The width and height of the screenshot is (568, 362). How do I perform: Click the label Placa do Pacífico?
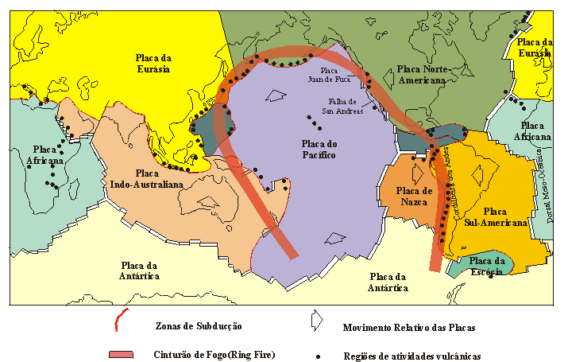315,149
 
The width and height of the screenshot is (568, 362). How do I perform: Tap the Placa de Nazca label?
414,196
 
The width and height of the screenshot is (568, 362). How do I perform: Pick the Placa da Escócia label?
487,266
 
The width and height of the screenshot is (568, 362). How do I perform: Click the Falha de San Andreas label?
342,106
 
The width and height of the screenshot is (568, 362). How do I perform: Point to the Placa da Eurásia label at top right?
534,47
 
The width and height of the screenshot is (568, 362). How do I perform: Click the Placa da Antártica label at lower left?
140,271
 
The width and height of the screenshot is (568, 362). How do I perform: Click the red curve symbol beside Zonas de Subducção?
118,322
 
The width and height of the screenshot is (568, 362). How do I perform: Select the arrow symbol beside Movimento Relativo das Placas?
316,320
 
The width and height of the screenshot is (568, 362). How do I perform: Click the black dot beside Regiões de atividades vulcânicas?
318,355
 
